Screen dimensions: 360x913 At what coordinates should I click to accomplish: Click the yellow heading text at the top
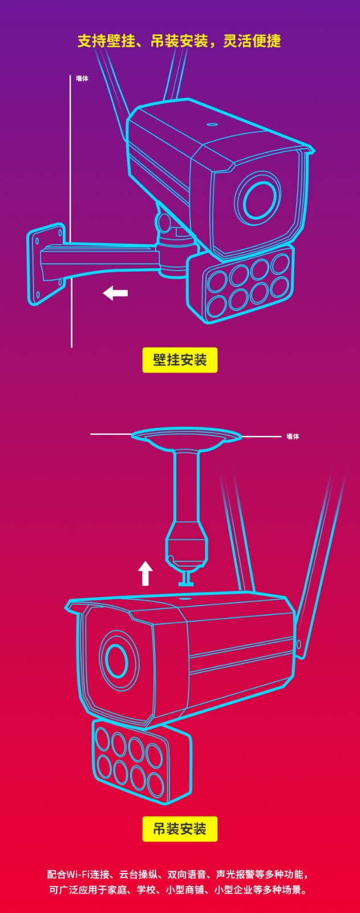(x=179, y=41)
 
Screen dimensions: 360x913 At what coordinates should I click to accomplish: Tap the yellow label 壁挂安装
(x=180, y=360)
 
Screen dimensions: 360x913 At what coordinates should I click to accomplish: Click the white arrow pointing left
(x=115, y=293)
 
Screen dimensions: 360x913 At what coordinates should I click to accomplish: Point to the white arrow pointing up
(x=145, y=573)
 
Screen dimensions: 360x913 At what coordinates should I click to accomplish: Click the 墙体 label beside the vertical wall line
(x=82, y=78)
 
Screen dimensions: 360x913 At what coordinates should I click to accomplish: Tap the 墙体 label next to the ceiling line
(x=293, y=437)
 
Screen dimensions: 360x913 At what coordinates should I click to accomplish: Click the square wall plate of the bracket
(x=46, y=264)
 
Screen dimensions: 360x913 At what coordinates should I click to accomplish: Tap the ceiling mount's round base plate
(x=187, y=437)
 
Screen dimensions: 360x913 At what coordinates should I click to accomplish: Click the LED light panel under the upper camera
(x=241, y=285)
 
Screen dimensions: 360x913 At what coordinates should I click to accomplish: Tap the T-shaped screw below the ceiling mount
(x=187, y=577)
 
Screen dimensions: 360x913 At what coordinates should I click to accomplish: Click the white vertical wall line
(x=71, y=211)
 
